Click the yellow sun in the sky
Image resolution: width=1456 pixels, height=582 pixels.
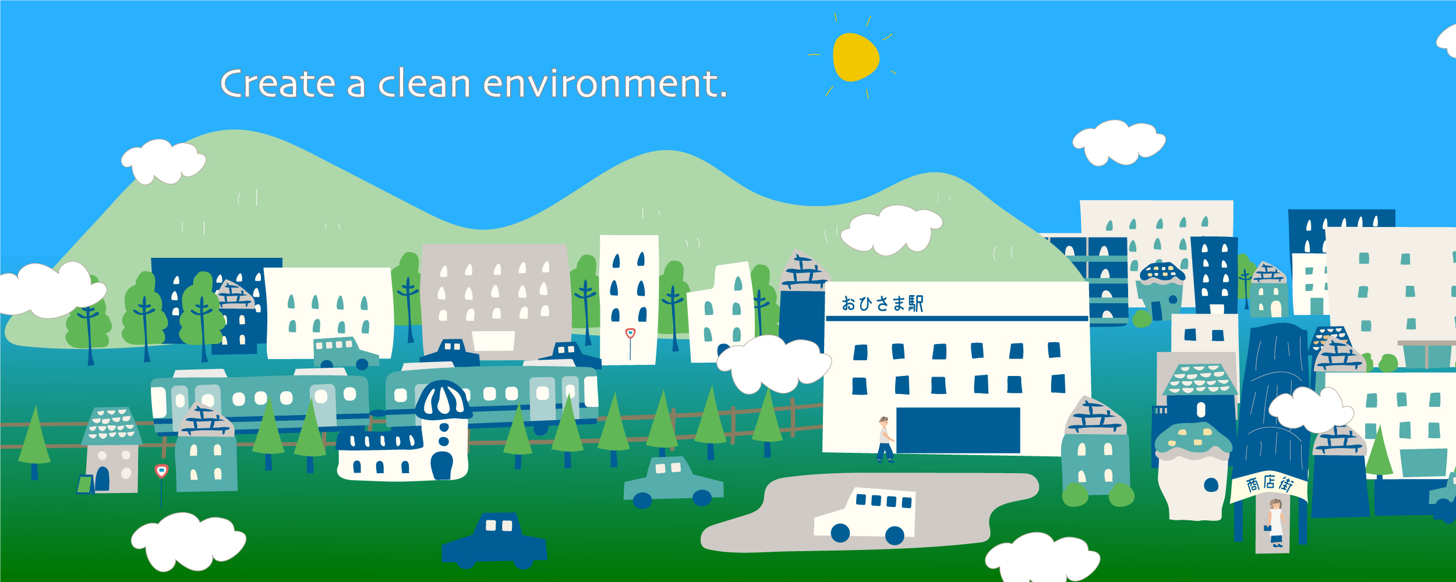pyautogui.click(x=855, y=57)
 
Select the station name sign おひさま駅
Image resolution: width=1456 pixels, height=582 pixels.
pyautogui.click(x=882, y=303)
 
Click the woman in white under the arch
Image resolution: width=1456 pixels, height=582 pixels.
pyautogui.click(x=1275, y=522)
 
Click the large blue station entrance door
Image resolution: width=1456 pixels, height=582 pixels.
pyautogui.click(x=958, y=430)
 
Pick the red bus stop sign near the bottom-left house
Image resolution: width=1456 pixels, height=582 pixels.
pyautogui.click(x=161, y=471)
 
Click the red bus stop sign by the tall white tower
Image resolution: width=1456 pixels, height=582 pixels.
pyautogui.click(x=630, y=333)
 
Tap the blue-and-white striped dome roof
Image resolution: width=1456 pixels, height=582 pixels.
pyautogui.click(x=444, y=400)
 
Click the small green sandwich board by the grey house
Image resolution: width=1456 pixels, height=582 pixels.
pyautogui.click(x=86, y=484)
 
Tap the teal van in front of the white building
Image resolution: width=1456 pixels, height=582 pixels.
pyautogui.click(x=344, y=353)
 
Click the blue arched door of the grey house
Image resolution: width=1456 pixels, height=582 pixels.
pyautogui.click(x=103, y=478)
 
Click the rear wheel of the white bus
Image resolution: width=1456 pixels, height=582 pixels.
pyautogui.click(x=895, y=535)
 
